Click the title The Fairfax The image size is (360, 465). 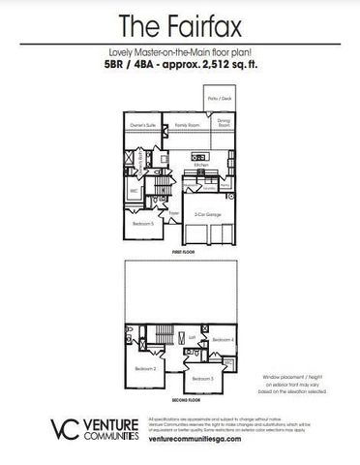pyautogui.click(x=180, y=24)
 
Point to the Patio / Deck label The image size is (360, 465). pyautogui.click(x=220, y=99)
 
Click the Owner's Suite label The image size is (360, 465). pyautogui.click(x=144, y=125)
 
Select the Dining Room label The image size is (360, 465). pyautogui.click(x=224, y=124)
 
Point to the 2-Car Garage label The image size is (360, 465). pyautogui.click(x=204, y=213)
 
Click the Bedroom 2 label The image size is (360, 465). pyautogui.click(x=145, y=368)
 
